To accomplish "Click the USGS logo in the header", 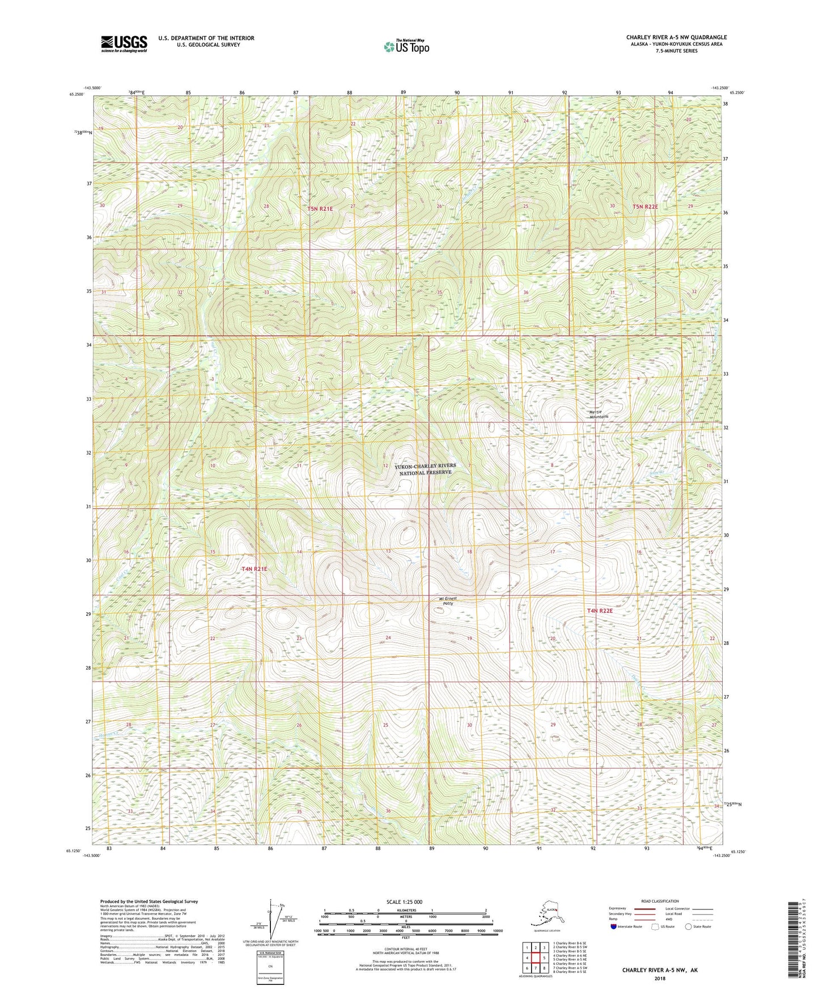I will [x=124, y=44].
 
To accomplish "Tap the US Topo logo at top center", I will [x=406, y=46].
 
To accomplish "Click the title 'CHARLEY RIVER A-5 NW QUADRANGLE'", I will [x=676, y=37].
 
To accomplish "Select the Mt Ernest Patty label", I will [x=447, y=601].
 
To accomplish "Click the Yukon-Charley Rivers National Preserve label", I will [x=425, y=469].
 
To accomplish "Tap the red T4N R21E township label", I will [x=254, y=569].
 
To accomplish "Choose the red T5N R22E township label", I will [x=645, y=207].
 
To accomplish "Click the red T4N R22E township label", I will [x=600, y=611].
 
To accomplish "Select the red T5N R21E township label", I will [x=320, y=209].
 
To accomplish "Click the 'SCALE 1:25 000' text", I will [x=404, y=902].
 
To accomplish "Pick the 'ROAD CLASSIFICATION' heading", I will [x=660, y=902].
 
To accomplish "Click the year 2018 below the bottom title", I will [x=660, y=978].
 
